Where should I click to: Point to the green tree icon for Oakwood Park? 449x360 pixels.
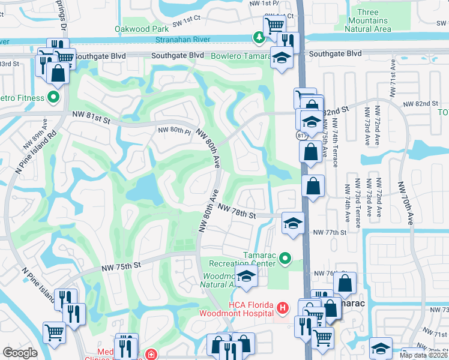[x=259, y=38]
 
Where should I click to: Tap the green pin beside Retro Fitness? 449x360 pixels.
[x=54, y=97]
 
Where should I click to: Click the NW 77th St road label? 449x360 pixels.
[x=330, y=232]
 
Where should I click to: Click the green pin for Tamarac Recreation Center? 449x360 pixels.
[x=285, y=259]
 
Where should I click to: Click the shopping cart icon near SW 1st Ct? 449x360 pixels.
[x=274, y=25]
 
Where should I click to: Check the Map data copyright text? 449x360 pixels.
[x=424, y=355]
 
